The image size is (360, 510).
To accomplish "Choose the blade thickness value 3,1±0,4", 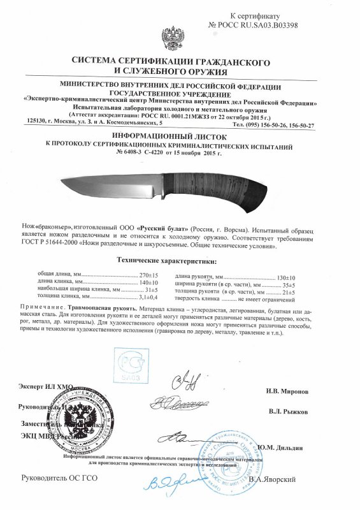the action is [x=149, y=297].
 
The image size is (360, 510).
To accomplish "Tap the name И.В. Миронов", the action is [x=288, y=390].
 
